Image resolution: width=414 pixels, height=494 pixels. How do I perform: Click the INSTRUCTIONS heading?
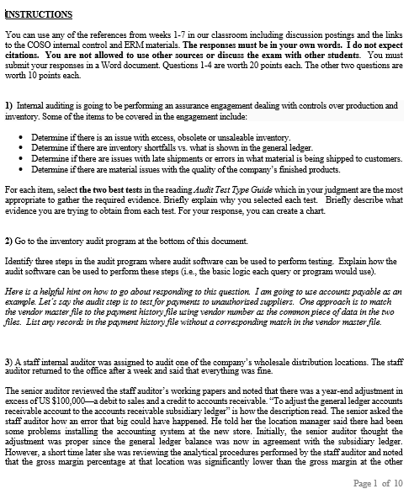coord(39,14)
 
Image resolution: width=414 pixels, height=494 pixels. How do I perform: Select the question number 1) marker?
coord(9,104)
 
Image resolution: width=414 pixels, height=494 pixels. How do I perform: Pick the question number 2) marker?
coord(9,241)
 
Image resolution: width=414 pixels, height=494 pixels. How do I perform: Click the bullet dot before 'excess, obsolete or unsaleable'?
coord(20,135)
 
